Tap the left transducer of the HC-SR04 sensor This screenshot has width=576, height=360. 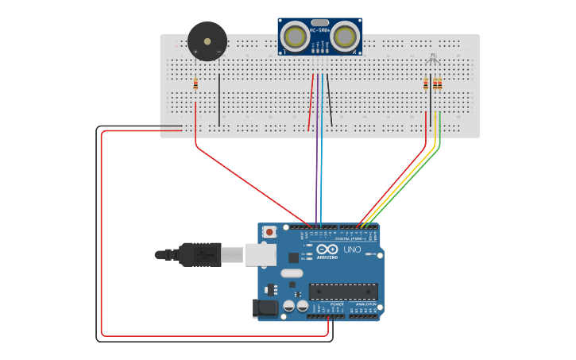tap(295, 37)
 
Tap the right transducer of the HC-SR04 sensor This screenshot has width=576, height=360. tap(345, 37)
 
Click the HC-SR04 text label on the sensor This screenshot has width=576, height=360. tap(319, 31)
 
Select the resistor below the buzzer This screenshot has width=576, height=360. tap(196, 84)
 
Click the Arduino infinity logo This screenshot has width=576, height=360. tap(327, 250)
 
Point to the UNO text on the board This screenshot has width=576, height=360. tap(352, 250)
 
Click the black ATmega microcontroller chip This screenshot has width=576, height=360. tap(343, 291)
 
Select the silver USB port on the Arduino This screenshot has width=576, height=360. tap(259, 254)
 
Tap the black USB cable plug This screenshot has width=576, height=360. tap(199, 254)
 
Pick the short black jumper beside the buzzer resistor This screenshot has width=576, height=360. tap(219, 99)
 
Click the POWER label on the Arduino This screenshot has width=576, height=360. tap(337, 304)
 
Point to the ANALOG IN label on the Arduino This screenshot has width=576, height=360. tap(365, 304)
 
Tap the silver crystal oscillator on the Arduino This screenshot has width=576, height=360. tap(292, 273)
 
